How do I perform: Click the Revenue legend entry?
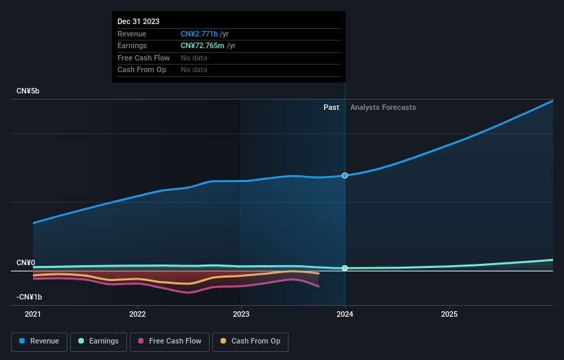pos(39,341)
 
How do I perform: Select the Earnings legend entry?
pos(98,341)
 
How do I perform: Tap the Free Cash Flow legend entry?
pos(170,341)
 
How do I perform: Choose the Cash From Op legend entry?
pos(251,341)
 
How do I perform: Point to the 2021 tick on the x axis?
pos(33,314)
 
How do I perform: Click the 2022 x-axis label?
pos(137,314)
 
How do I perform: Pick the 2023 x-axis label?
pos(241,314)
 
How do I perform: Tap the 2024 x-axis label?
pos(345,314)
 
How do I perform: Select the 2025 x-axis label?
pos(449,314)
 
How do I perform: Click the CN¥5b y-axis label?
pos(29,91)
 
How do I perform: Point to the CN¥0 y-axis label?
pos(26,263)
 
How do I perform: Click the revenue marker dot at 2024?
pos(345,175)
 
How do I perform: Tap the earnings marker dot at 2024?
pos(345,268)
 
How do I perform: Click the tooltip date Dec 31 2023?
pos(138,21)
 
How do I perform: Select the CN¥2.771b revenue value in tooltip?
pos(199,34)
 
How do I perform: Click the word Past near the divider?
pos(331,107)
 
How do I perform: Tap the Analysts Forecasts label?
pos(383,107)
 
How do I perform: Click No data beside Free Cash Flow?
pos(194,58)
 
